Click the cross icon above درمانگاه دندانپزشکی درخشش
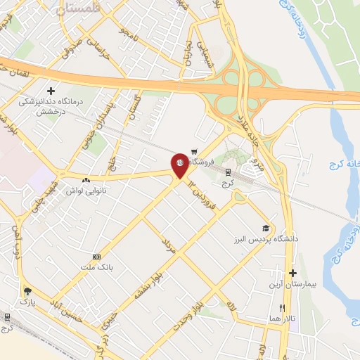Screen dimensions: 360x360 51,91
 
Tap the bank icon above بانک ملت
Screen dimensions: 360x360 96,257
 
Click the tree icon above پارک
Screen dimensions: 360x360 27,290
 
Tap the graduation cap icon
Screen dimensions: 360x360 266,228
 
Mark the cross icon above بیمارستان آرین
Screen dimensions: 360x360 292,273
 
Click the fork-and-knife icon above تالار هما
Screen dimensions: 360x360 283,308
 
